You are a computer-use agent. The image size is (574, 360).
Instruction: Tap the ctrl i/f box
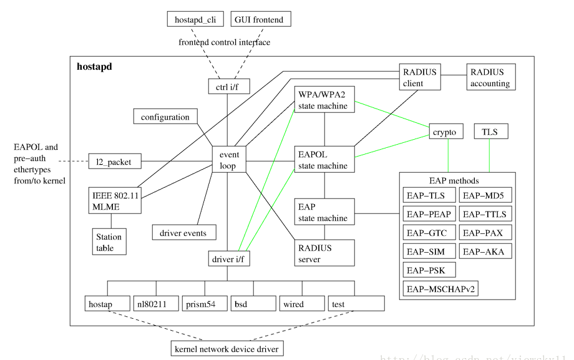[x=229, y=87]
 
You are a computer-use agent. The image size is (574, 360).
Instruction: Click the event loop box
[x=229, y=159]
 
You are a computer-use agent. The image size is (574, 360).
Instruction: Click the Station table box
[x=110, y=242]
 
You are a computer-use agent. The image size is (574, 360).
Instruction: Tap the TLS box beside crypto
[x=490, y=132]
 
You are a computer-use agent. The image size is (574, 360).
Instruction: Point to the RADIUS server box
[x=324, y=253]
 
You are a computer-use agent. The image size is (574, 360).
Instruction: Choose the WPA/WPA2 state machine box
[x=324, y=99]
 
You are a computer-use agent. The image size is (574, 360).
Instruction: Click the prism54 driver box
[x=203, y=304]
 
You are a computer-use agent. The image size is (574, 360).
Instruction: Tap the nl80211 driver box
[x=155, y=304]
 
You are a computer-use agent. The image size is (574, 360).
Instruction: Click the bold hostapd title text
[x=94, y=67]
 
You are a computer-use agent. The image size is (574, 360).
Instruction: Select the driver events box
[x=183, y=233]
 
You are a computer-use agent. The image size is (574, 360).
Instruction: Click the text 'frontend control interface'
[x=225, y=42]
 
